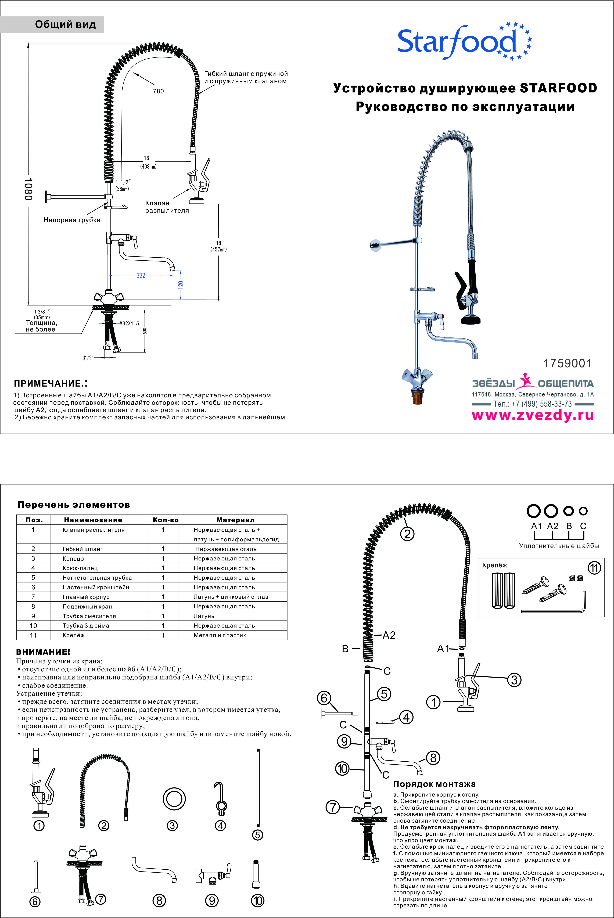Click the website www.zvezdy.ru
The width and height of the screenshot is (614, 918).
[533, 415]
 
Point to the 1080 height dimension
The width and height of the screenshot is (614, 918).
[28, 189]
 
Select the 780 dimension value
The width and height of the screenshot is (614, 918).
[158, 91]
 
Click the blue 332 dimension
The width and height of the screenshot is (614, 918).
[141, 275]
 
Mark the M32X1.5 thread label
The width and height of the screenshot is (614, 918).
[129, 323]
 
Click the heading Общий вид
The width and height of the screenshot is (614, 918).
[65, 25]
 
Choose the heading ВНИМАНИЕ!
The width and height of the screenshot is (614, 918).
[43, 652]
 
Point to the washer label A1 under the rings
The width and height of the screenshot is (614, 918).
[536, 526]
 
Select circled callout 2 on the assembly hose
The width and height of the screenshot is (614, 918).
[407, 534]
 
